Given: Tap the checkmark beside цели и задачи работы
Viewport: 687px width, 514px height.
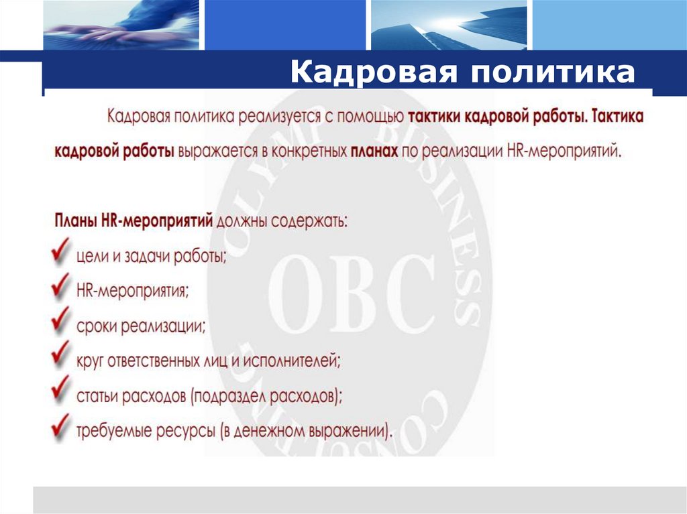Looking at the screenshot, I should [x=61, y=255].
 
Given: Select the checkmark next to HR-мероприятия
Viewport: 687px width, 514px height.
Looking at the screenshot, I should [x=61, y=289].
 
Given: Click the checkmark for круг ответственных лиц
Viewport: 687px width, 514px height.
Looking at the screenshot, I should [x=61, y=359].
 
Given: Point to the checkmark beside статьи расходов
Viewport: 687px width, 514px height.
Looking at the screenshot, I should [x=61, y=393].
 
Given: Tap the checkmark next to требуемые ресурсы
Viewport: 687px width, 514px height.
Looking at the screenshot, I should [x=61, y=428].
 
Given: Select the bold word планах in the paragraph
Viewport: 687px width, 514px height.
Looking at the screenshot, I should [x=374, y=151].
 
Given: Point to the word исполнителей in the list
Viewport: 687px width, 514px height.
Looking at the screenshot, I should [x=296, y=363].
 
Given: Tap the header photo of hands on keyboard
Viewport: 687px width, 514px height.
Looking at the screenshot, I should [x=121, y=25].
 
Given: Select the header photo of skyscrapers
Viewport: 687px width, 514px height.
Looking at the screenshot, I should [x=447, y=25].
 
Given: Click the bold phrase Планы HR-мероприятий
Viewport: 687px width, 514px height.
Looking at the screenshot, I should [x=132, y=221].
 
